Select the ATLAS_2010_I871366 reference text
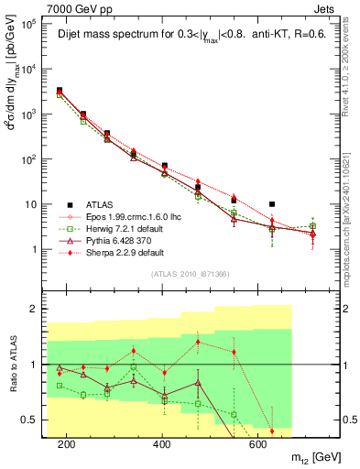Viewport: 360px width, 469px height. tap(191, 275)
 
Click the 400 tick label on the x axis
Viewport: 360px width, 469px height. tap(162, 445)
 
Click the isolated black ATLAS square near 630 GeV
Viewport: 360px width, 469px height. tap(272, 204)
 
